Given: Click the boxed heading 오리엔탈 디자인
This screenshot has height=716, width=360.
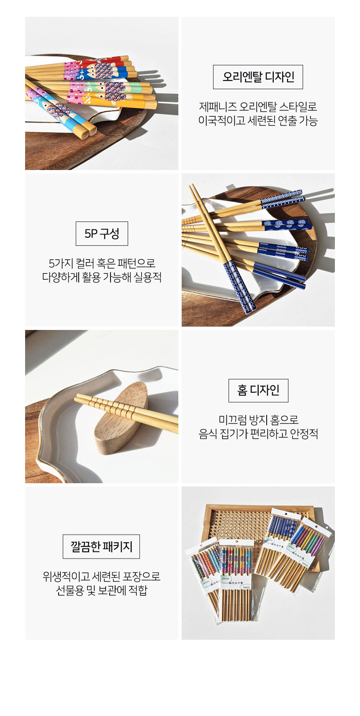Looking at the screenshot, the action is click(x=258, y=77).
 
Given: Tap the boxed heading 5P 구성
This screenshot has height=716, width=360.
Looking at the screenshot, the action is click(x=102, y=234).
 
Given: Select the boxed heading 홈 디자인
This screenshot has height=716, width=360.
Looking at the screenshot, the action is click(x=258, y=390).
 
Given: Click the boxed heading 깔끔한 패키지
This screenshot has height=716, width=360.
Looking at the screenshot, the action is click(x=101, y=546).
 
